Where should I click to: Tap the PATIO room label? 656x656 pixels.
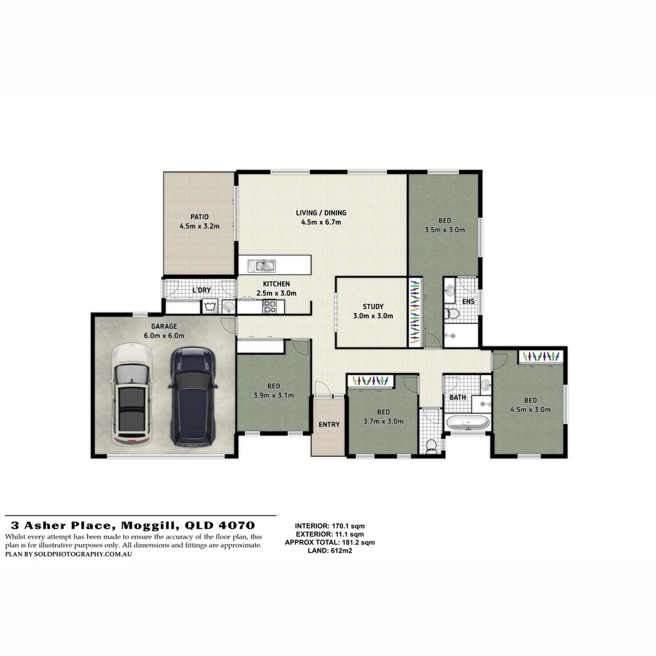[199, 217]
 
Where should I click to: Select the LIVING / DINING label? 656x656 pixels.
[321, 213]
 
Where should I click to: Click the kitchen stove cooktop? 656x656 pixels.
[269, 308]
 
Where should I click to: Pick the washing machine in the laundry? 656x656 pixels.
[210, 306]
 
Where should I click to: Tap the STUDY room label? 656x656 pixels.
[373, 307]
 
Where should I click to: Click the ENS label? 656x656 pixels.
[468, 302]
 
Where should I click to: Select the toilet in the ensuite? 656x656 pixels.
[452, 313]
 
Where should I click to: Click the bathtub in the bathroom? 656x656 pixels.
[468, 422]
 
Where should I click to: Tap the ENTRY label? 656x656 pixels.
[329, 425]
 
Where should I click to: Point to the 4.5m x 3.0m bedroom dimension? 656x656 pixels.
[530, 409]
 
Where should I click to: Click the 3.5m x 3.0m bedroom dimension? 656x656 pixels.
[444, 230]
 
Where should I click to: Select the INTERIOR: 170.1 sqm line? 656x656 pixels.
[330, 526]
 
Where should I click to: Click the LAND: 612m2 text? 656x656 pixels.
[330, 550]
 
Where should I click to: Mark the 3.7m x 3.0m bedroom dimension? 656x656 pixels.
[383, 421]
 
